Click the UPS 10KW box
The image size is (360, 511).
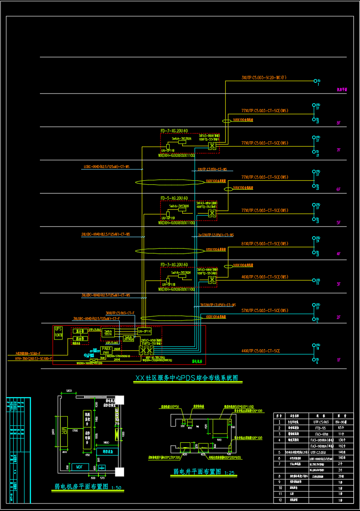click(x=59, y=332)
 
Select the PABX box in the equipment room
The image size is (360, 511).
click(x=106, y=349)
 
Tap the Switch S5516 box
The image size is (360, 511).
click(x=108, y=332)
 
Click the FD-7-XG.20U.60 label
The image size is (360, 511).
click(x=174, y=131)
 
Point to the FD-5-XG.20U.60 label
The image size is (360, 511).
click(x=174, y=198)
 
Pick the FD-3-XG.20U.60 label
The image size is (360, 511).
click(x=174, y=265)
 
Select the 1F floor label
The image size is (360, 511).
click(x=338, y=360)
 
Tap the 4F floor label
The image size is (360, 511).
click(x=338, y=254)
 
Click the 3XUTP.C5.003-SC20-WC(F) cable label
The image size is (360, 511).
click(x=264, y=78)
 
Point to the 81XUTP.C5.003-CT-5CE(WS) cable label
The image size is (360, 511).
click(x=264, y=244)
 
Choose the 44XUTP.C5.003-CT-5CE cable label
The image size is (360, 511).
click(x=260, y=351)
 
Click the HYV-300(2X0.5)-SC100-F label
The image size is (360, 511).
click(x=33, y=358)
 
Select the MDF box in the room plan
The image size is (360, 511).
click(x=79, y=467)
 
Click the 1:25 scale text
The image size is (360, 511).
click(x=230, y=473)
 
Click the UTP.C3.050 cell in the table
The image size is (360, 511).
click(x=318, y=452)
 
